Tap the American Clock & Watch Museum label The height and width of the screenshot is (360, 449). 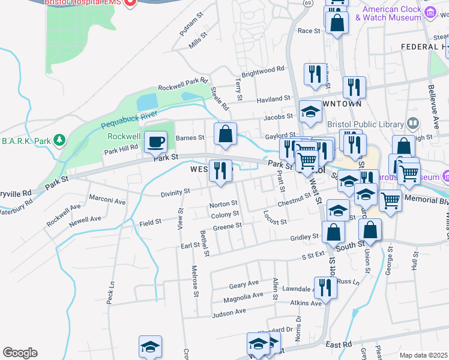(388, 13)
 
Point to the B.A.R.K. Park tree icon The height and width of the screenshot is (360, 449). (59, 140)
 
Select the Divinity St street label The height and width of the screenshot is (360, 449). (175, 192)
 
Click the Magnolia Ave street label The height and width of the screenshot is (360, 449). (243, 296)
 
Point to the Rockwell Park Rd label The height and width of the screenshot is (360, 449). (182, 83)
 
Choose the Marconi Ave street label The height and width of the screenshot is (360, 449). (107, 200)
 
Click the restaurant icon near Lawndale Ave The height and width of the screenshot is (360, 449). (325, 287)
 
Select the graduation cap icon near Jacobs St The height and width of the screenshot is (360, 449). (310, 112)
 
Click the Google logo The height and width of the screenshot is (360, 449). (20, 353)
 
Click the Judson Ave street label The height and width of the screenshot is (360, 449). (229, 312)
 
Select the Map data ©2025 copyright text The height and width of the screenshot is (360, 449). (423, 355)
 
